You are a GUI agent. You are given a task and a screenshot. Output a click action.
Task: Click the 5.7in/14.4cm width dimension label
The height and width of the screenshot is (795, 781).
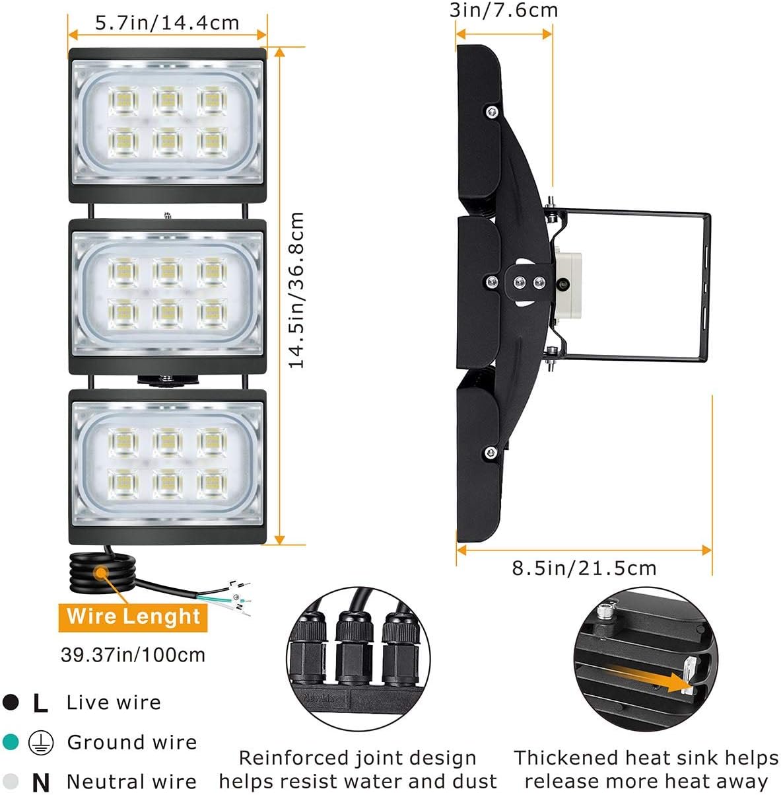pos(167,22)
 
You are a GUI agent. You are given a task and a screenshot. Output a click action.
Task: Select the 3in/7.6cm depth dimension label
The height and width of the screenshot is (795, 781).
pos(504,10)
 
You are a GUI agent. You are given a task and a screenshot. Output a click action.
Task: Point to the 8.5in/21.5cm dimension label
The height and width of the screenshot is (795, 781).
pos(584,568)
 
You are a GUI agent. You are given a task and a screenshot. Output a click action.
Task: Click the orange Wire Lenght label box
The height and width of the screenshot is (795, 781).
pos(133,617)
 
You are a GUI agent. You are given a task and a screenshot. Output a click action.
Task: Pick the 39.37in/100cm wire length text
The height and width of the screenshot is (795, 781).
pos(133,654)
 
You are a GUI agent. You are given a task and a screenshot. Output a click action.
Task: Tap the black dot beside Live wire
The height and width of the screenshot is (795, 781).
pos(11,702)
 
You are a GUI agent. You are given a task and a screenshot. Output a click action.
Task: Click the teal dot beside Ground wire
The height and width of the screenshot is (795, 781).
pos(11,741)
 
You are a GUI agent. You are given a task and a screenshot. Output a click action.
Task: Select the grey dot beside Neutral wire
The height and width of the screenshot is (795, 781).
pos(11,781)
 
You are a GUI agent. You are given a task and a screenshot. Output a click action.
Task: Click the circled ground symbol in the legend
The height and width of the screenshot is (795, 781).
pos(41,743)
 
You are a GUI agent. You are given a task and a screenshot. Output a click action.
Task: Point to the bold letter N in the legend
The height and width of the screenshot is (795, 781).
pos(41,782)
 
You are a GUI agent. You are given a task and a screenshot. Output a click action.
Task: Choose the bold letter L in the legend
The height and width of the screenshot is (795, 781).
pos(41,703)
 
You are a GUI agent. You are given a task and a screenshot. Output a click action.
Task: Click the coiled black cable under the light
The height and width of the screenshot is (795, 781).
pos(103,572)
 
